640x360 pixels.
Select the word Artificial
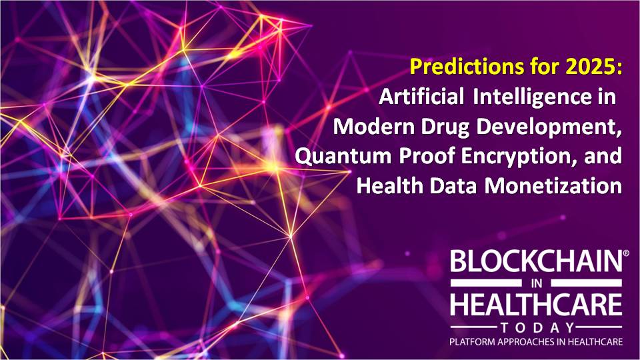pos(421,97)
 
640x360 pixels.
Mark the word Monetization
pos(553,186)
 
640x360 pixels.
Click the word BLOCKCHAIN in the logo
pos(534,261)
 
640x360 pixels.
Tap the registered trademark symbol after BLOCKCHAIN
pos(621,253)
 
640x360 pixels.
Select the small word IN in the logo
pos(536,283)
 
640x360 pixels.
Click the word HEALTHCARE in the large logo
pos(536,305)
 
